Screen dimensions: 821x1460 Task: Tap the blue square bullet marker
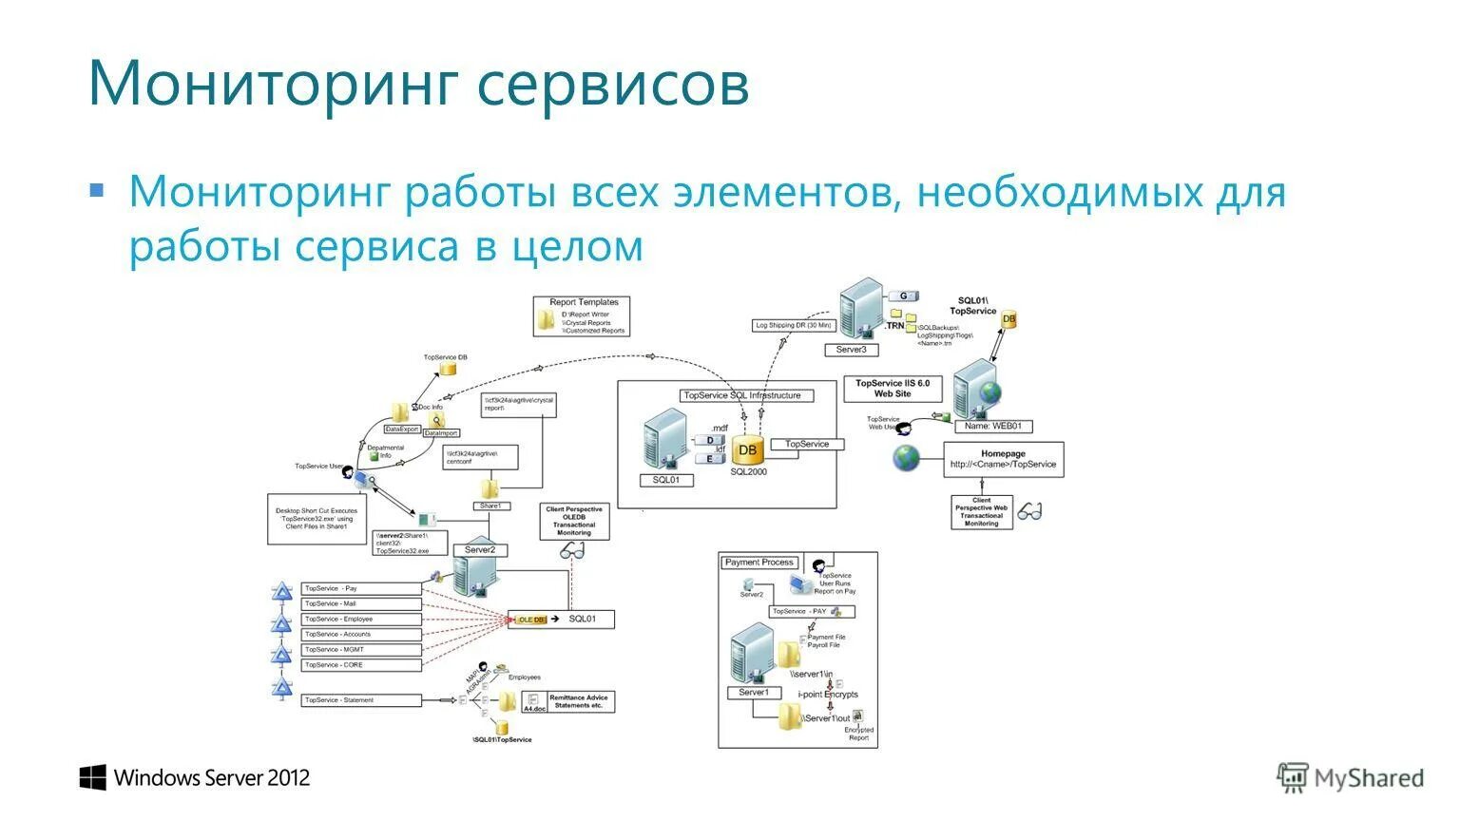click(96, 190)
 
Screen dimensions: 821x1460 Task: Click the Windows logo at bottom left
click(92, 777)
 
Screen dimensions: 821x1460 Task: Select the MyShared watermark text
click(1368, 778)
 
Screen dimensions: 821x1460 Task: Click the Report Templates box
click(582, 315)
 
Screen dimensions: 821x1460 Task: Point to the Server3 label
click(851, 350)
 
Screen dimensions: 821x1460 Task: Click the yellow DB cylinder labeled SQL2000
click(748, 449)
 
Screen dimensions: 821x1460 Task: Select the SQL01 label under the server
click(665, 480)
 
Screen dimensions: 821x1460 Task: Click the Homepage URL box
click(1003, 460)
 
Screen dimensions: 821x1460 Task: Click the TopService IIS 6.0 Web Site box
click(892, 389)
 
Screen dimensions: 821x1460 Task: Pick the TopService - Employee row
click(361, 619)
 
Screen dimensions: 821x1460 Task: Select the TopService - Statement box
click(361, 700)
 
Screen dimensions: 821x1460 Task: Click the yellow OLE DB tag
click(531, 620)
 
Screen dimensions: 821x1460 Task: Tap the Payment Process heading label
click(759, 563)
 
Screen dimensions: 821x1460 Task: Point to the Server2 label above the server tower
click(479, 549)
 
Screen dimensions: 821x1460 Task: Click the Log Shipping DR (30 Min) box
click(793, 326)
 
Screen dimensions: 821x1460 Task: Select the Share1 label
click(490, 506)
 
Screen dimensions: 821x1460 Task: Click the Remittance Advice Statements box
click(581, 702)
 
